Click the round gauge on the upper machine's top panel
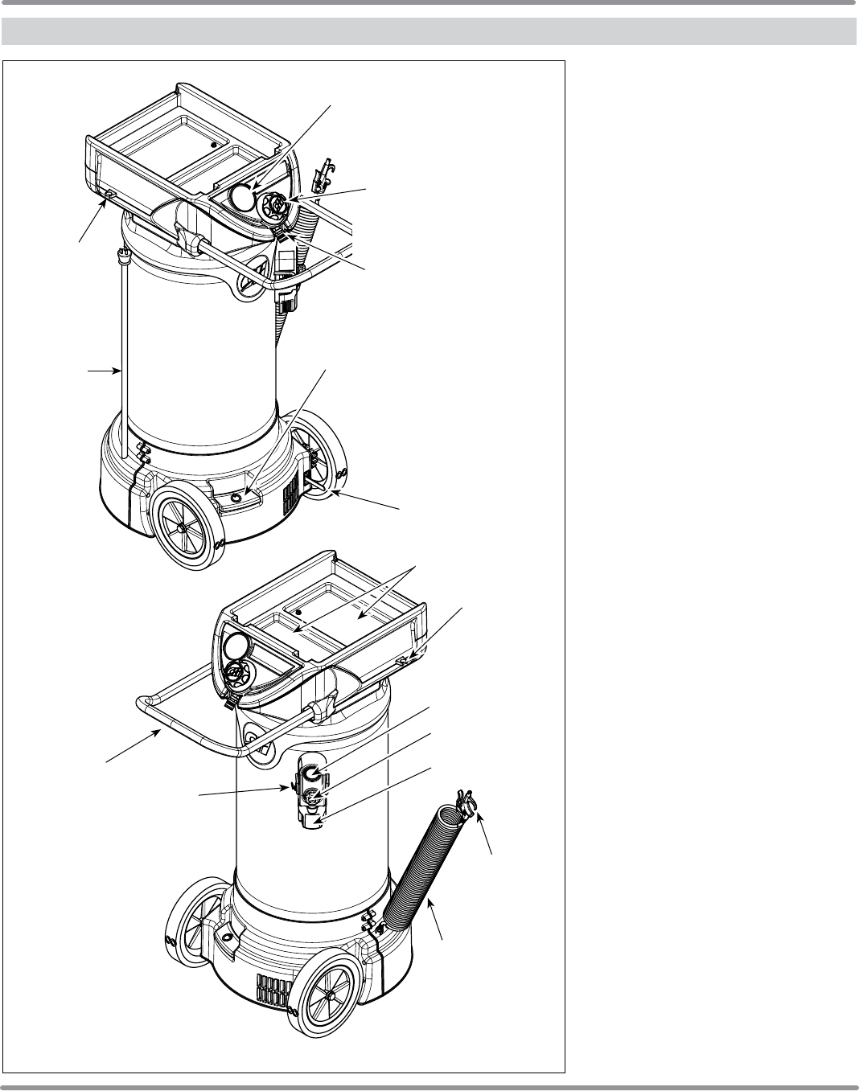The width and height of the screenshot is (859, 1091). [x=241, y=196]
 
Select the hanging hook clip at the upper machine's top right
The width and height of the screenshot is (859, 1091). [x=323, y=173]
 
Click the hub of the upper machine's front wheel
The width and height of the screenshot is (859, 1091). [x=183, y=527]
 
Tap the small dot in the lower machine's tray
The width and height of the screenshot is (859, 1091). [x=298, y=612]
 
